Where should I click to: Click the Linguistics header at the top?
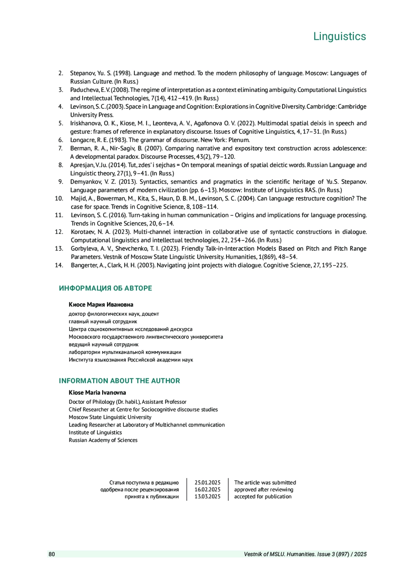tap(339, 36)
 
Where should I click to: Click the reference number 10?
tap(59, 199)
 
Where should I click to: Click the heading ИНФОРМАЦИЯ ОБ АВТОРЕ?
tap(105, 288)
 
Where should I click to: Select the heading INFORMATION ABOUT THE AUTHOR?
tap(119, 381)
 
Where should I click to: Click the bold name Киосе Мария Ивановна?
tap(101, 305)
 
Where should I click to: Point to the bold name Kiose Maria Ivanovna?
tap(97, 393)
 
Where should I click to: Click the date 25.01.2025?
tap(207, 483)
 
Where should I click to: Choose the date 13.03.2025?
tap(207, 497)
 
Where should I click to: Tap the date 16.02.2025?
tap(207, 490)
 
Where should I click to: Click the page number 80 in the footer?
tap(52, 554)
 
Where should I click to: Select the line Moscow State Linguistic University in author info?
tap(110, 417)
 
